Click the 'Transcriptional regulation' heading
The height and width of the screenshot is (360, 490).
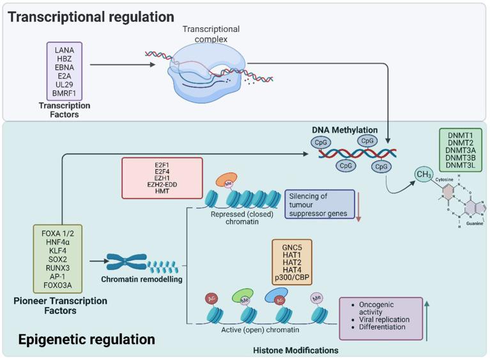tap(91, 15)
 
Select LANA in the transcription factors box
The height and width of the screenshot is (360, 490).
tap(65, 50)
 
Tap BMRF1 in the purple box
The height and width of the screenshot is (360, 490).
tap(65, 93)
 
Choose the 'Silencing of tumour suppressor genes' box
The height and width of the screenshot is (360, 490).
tap(318, 204)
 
